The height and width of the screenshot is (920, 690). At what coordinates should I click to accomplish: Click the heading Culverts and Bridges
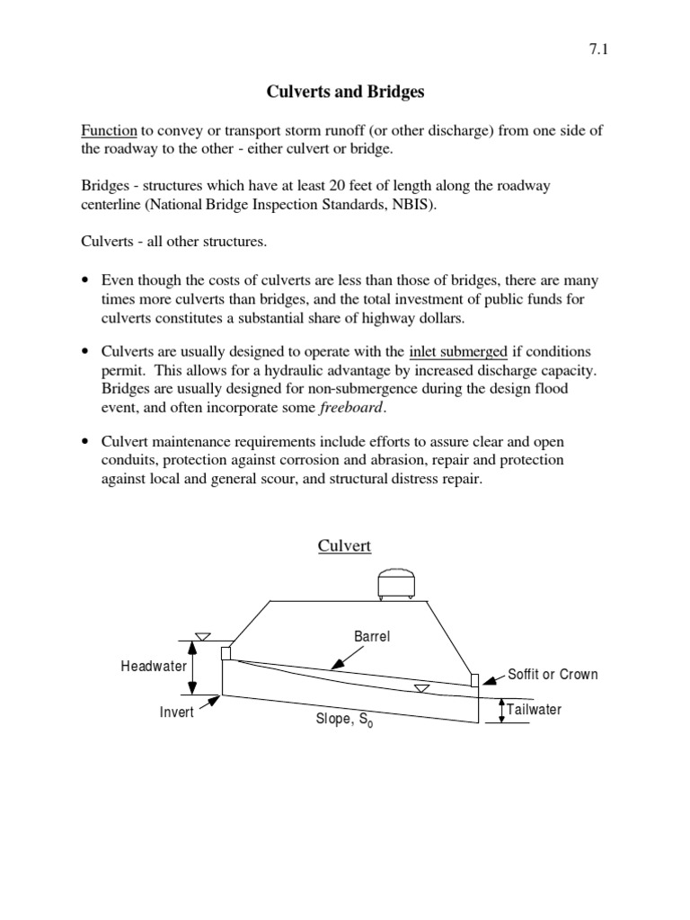[x=345, y=92]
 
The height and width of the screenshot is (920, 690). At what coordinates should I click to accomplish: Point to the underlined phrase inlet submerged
[x=458, y=350]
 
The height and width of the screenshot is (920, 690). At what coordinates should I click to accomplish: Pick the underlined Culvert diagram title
[x=345, y=545]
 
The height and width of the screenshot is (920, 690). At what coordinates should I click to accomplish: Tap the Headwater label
[x=154, y=667]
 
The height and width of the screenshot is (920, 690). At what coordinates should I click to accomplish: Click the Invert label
[x=177, y=712]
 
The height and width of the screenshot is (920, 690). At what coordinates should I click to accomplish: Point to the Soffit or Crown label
[x=553, y=674]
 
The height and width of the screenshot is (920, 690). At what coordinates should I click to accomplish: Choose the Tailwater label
[x=534, y=710]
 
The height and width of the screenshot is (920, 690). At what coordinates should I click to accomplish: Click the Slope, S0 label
[x=344, y=721]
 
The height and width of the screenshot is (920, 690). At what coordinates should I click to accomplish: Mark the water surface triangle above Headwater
[x=203, y=636]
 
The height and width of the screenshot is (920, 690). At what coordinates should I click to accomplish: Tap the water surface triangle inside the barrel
[x=421, y=688]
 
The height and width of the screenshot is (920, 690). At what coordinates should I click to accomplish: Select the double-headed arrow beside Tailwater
[x=501, y=711]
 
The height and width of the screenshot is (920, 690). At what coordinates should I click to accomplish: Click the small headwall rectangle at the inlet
[x=226, y=653]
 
